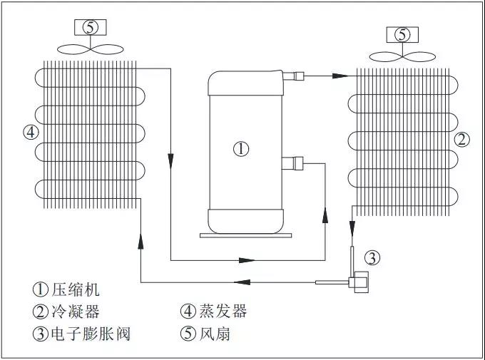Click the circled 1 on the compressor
(242, 149)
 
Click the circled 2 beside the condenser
(462, 139)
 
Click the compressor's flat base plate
(245, 233)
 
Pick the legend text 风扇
(215, 334)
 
